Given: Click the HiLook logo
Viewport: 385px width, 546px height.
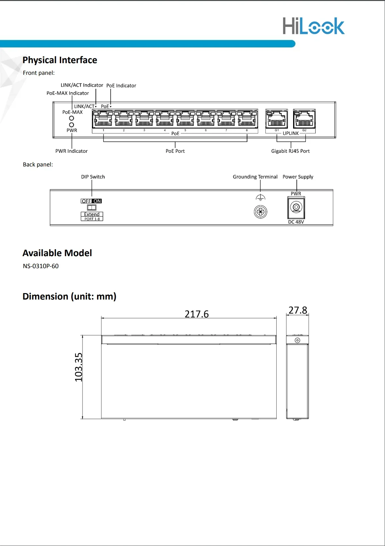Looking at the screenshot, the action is (313, 26).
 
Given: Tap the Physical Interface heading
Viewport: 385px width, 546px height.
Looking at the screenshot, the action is (60, 60).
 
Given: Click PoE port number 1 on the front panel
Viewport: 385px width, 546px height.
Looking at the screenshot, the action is (103, 119).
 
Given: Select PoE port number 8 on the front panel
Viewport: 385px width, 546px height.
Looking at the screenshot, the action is (247, 119).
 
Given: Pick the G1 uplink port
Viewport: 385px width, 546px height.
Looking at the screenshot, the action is (276, 119).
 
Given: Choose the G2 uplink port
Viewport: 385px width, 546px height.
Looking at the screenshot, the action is (304, 119).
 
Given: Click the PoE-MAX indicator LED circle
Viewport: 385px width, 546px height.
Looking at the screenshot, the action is (71, 118).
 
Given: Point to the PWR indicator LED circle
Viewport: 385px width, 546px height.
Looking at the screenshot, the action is (71, 125).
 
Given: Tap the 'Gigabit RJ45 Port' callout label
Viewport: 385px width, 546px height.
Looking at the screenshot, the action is (290, 151).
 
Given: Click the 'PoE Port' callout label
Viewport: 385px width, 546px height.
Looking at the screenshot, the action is (175, 151).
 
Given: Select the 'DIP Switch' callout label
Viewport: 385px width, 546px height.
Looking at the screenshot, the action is (93, 177).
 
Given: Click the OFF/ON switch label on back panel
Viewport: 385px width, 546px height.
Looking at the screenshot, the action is (91, 201).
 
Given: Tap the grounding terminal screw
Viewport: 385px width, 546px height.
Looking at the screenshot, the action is (260, 212).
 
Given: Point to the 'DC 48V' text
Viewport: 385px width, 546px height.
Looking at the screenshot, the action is (296, 222).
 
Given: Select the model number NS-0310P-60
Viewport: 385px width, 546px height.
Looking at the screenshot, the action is (41, 266).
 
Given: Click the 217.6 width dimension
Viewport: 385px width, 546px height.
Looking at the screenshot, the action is (197, 314).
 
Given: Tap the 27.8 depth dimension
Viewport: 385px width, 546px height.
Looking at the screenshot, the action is (298, 310).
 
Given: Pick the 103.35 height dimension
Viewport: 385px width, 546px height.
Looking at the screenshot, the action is (78, 367).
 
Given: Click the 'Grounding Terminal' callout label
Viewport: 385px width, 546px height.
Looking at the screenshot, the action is (255, 177).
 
